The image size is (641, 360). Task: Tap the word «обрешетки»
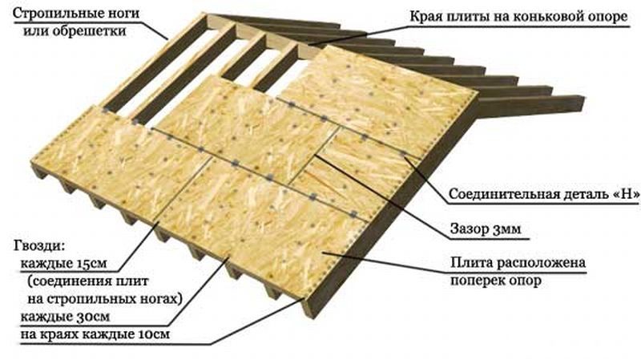click(89, 30)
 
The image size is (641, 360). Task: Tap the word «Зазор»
click(470, 229)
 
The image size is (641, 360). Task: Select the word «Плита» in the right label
click(472, 262)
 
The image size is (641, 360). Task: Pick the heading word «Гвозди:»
click(39, 246)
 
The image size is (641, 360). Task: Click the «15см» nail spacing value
click(91, 264)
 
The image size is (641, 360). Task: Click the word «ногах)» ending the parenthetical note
click(162, 299)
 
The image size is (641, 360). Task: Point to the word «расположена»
click(541, 263)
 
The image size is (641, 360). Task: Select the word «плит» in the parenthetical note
click(131, 281)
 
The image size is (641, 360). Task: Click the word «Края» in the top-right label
click(425, 17)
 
